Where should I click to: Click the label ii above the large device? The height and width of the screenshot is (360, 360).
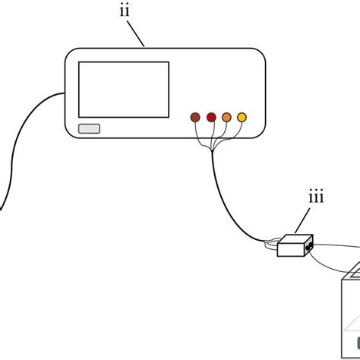[x=124, y=11]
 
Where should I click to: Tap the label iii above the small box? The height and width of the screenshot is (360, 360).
[x=316, y=197]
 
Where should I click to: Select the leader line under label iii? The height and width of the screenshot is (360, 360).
[x=305, y=221]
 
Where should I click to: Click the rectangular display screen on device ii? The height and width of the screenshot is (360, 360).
[x=124, y=90]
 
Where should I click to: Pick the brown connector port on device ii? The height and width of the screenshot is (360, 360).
[x=195, y=117]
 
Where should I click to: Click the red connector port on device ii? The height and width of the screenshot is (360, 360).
[x=211, y=117]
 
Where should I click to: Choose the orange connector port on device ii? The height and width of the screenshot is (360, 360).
[x=226, y=117]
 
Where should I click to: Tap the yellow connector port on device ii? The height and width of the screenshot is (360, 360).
[x=242, y=117]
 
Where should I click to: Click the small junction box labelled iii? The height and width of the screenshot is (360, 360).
[x=293, y=246]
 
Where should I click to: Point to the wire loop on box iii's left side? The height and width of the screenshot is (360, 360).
[x=270, y=245]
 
